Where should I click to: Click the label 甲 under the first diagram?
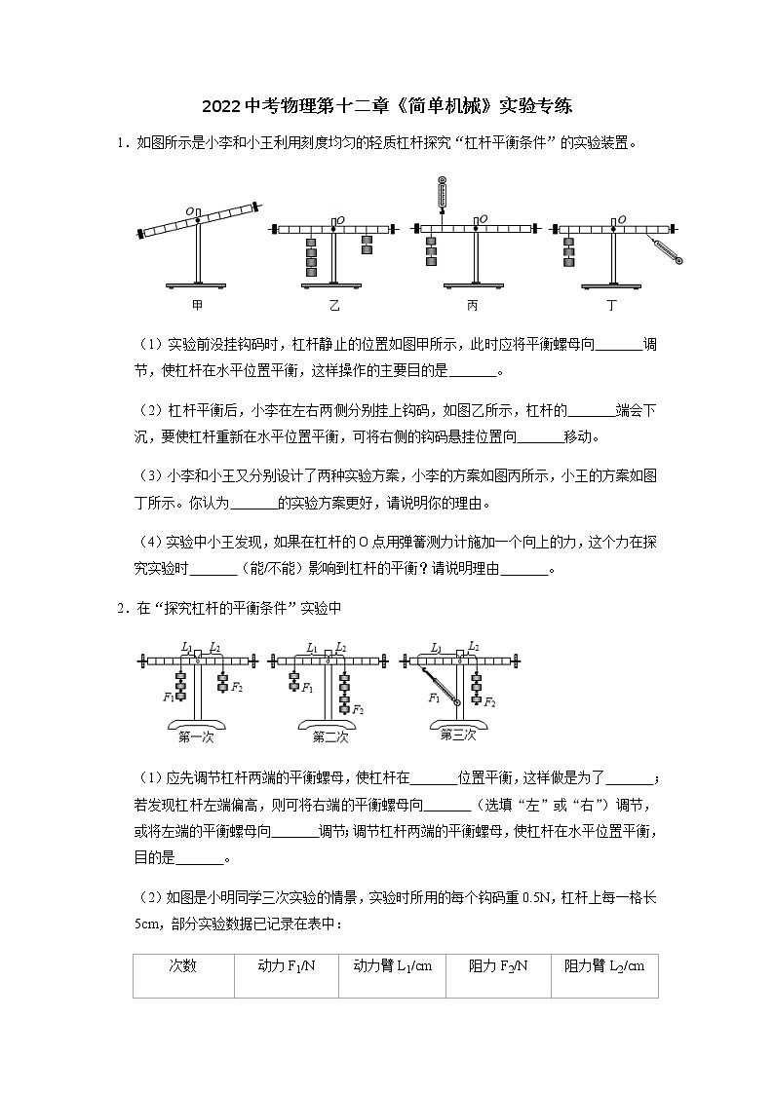tap(198, 305)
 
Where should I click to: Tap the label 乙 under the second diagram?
tap(334, 305)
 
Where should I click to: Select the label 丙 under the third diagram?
tap(473, 305)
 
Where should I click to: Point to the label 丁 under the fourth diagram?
tap(611, 305)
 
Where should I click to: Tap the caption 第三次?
tap(456, 735)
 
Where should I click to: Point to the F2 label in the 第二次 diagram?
tap(358, 709)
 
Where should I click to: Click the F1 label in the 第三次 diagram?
tap(433, 698)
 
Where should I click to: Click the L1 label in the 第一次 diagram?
tap(186, 646)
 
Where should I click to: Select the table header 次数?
tap(182, 965)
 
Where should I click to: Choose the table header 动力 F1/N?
tap(286, 965)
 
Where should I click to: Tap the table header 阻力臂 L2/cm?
tap(604, 965)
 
